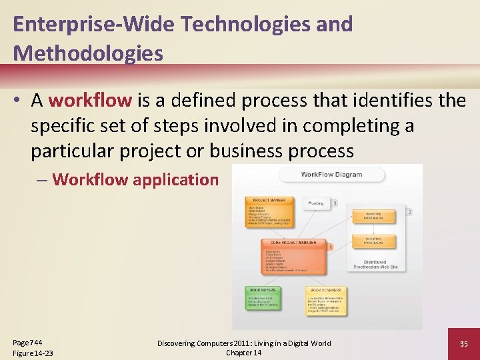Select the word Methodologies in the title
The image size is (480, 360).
click(x=88, y=53)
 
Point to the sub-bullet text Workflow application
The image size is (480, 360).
click(x=135, y=179)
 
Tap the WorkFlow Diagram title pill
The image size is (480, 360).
click(x=331, y=175)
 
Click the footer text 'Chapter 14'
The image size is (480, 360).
click(x=243, y=352)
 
